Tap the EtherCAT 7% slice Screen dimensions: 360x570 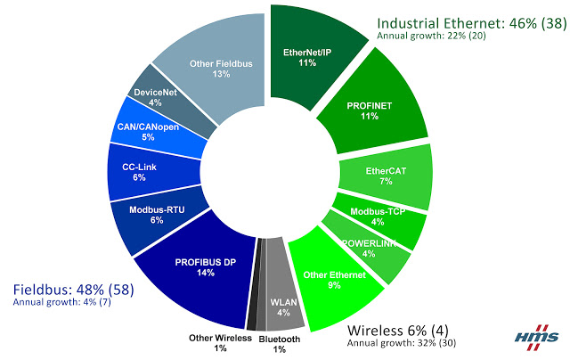387,175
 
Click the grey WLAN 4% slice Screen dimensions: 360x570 281,307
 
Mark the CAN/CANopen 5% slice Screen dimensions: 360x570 148,132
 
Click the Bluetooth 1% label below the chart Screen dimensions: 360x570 280,344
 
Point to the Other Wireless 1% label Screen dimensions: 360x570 219,343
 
